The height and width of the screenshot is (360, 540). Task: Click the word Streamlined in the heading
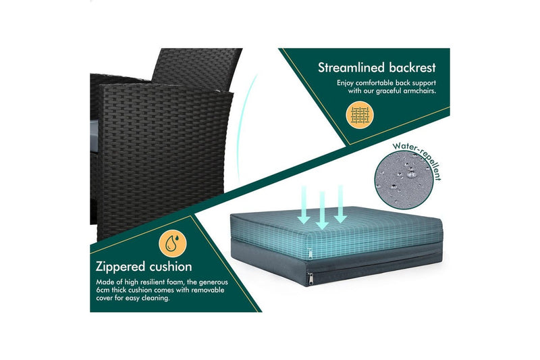click(x=351, y=68)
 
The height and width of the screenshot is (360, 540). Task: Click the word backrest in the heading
click(x=410, y=68)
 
